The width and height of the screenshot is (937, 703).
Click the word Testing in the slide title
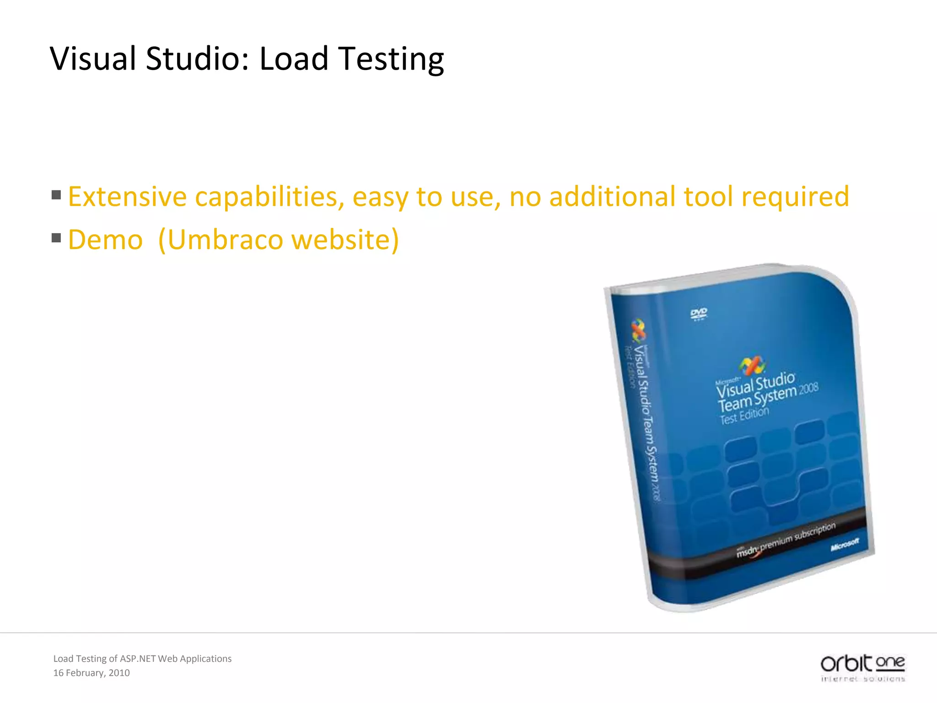391,59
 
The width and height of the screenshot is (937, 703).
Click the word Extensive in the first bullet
127,197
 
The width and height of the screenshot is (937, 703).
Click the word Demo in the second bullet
105,240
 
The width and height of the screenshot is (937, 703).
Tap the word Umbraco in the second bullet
225,240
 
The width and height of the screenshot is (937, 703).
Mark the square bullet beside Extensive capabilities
56,195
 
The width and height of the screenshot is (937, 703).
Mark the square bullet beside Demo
56,238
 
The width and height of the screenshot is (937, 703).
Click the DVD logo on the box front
699,314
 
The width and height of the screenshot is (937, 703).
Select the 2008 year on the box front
808,389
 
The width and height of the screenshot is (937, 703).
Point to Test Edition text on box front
744,415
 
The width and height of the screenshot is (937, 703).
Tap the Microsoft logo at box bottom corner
845,545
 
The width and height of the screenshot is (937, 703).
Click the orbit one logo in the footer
863,668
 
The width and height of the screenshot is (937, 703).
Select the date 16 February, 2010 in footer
92,673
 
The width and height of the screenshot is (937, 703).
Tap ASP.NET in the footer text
137,659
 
